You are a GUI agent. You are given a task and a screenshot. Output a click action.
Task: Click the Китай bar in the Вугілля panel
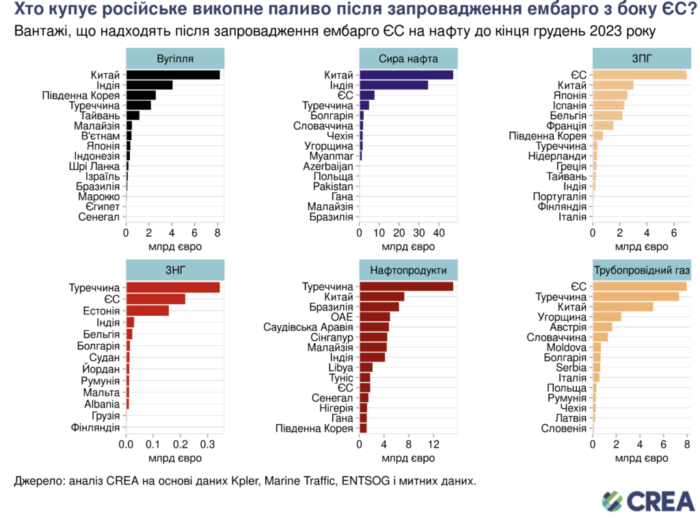(172, 75)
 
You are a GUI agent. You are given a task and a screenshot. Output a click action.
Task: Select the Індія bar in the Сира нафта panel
(394, 85)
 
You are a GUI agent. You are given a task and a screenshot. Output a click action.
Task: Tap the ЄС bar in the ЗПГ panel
(639, 75)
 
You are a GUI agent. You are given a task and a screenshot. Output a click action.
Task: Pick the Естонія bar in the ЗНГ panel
(147, 310)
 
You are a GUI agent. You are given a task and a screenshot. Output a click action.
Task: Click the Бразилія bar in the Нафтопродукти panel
(379, 306)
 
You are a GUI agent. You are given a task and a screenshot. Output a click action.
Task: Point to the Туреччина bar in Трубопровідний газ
(636, 297)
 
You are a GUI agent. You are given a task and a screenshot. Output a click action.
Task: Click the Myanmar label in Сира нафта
(334, 156)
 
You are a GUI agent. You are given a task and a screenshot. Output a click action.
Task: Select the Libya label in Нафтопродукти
(340, 367)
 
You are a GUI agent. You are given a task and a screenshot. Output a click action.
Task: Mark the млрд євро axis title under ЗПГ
(640, 245)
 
